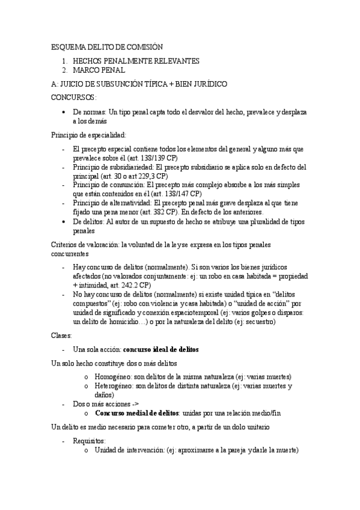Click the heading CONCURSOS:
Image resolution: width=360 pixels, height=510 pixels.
(x=74, y=97)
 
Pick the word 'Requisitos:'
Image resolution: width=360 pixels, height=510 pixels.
(x=89, y=441)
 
